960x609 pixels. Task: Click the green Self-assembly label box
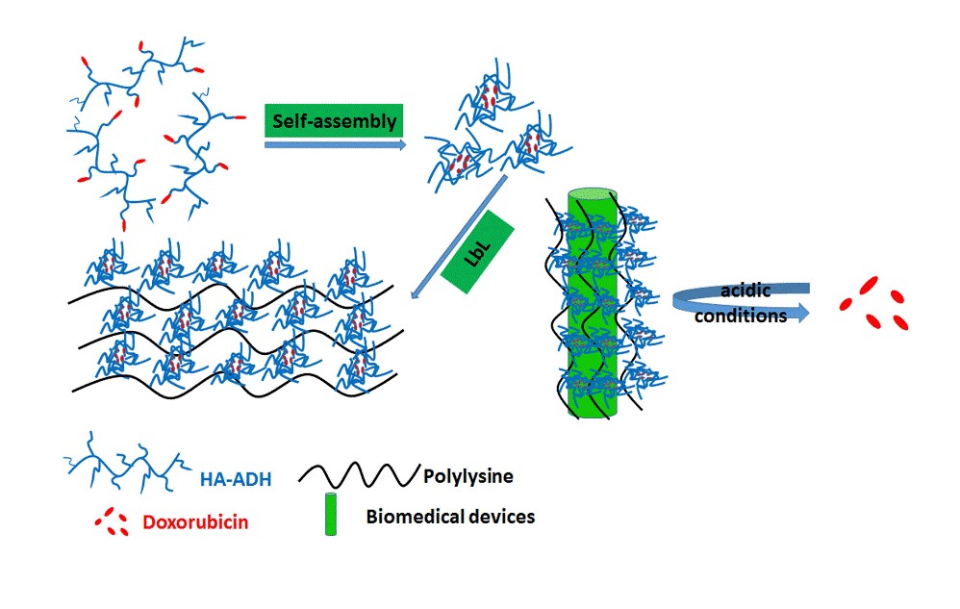(x=334, y=121)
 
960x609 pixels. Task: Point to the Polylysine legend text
(x=465, y=474)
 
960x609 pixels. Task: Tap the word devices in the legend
(x=498, y=517)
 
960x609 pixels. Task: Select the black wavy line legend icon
(x=358, y=473)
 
